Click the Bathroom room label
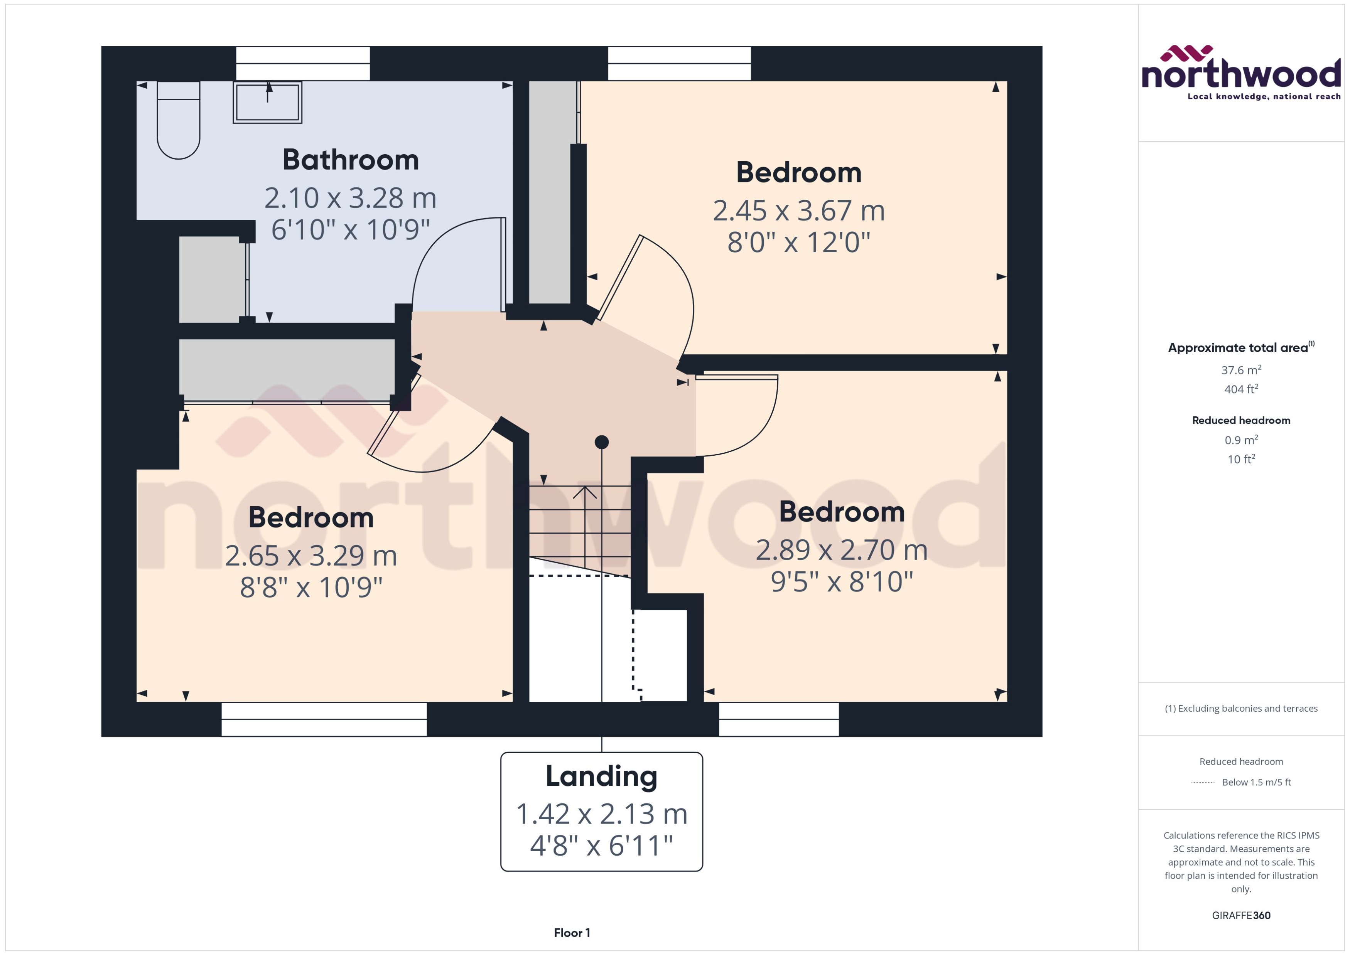pos(351,160)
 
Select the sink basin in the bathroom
pos(268,102)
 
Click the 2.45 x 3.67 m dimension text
pos(798,211)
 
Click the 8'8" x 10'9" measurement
pos(311,587)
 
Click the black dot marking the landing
pos(601,441)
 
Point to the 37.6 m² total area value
pos(1240,370)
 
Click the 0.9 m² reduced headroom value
pos(1240,440)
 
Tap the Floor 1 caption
pos(572,933)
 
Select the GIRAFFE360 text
pos(1240,916)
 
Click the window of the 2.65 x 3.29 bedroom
pos(324,719)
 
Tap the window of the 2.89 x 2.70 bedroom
pos(778,719)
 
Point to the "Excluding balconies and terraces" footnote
pos(1240,709)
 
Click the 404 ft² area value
pos(1240,389)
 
